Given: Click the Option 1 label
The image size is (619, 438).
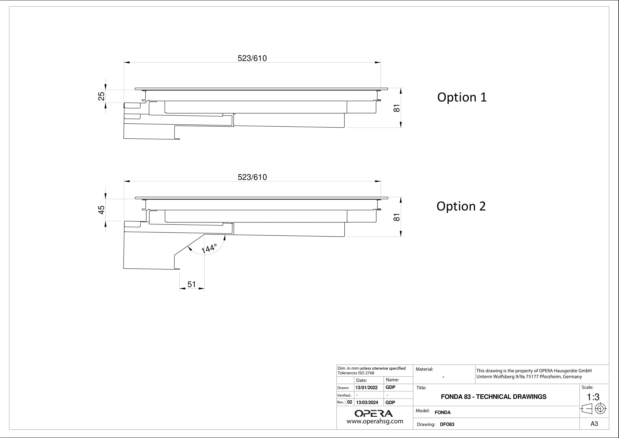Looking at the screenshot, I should [462, 97].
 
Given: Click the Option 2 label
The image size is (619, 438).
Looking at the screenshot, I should [461, 206].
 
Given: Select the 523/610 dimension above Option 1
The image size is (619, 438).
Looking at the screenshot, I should [252, 58].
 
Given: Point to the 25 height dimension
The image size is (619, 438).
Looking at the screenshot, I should [101, 96].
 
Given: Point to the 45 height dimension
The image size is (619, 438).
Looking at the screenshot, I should [101, 210].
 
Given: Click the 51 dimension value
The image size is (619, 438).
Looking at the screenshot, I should [191, 284].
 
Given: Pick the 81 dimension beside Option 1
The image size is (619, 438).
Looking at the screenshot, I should [397, 108].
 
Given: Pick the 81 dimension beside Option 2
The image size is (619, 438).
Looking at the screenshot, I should [397, 217].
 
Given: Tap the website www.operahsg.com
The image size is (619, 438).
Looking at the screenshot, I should [375, 421].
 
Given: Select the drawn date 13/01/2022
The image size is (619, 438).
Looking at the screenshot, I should [366, 388].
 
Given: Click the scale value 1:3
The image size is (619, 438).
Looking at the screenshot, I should [593, 397].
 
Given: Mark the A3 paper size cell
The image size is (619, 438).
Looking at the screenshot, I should [594, 424].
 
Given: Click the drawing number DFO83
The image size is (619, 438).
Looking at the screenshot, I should [447, 424].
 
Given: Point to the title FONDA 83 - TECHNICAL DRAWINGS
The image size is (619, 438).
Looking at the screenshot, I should [494, 397].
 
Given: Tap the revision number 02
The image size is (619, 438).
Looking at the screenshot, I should [350, 402].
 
